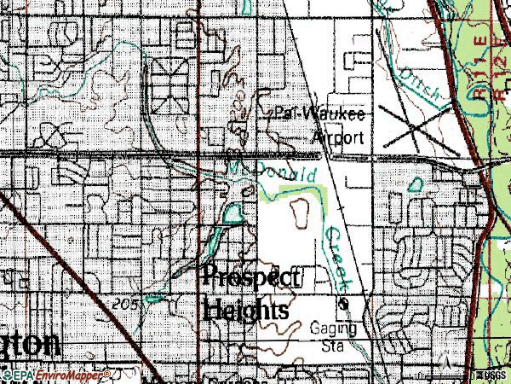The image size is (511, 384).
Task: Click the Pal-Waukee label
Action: [320, 114]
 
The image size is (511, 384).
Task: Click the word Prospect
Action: [251, 277]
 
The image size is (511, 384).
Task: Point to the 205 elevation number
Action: [124, 304]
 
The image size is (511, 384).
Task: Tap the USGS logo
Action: [490, 375]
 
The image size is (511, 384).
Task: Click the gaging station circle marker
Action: [344, 303]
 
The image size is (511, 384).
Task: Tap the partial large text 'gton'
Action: [30, 343]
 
